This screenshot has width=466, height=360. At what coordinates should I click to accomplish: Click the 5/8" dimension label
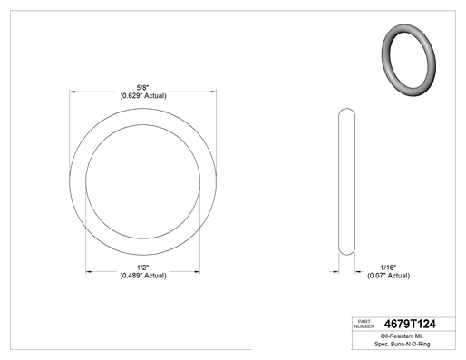tap(142, 88)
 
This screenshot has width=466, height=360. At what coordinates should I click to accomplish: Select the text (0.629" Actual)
tap(143, 96)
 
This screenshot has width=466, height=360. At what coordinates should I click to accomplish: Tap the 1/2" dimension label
tap(143, 268)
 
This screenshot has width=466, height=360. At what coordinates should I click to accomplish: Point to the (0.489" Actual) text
tap(143, 276)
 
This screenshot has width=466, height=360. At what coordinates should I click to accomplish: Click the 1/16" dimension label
tap(388, 268)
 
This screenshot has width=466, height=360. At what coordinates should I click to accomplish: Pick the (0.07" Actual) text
tap(388, 276)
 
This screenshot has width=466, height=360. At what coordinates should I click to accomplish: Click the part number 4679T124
tap(410, 324)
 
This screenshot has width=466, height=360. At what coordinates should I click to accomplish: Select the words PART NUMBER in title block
tap(364, 324)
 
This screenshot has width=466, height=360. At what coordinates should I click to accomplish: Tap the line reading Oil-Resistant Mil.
tap(402, 336)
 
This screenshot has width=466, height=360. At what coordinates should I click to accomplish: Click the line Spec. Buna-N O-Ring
tap(402, 344)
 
